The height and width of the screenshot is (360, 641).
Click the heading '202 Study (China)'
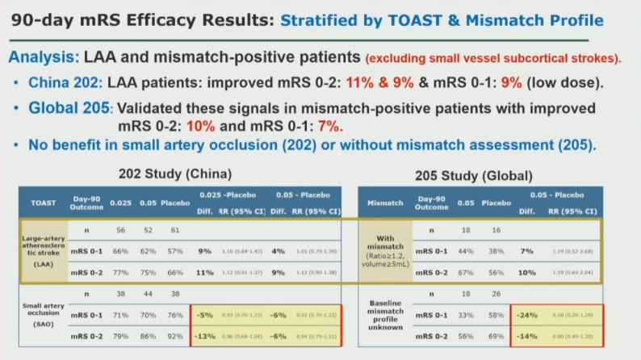click(175, 174)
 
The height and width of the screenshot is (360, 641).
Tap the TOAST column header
click(42, 203)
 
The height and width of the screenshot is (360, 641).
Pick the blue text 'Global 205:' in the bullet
click(68, 108)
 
